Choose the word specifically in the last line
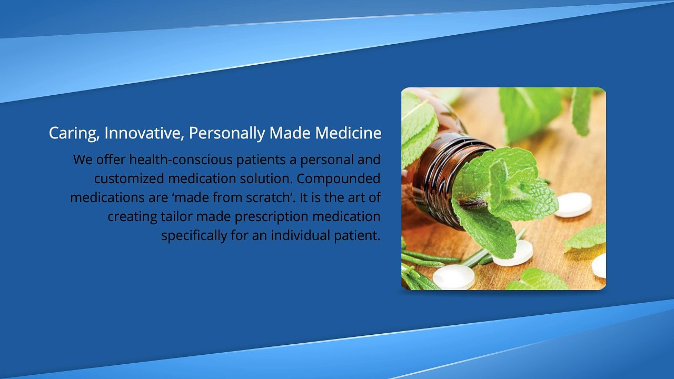click(x=194, y=235)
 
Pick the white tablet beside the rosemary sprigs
click(x=453, y=276)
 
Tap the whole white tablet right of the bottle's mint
click(x=573, y=204)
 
